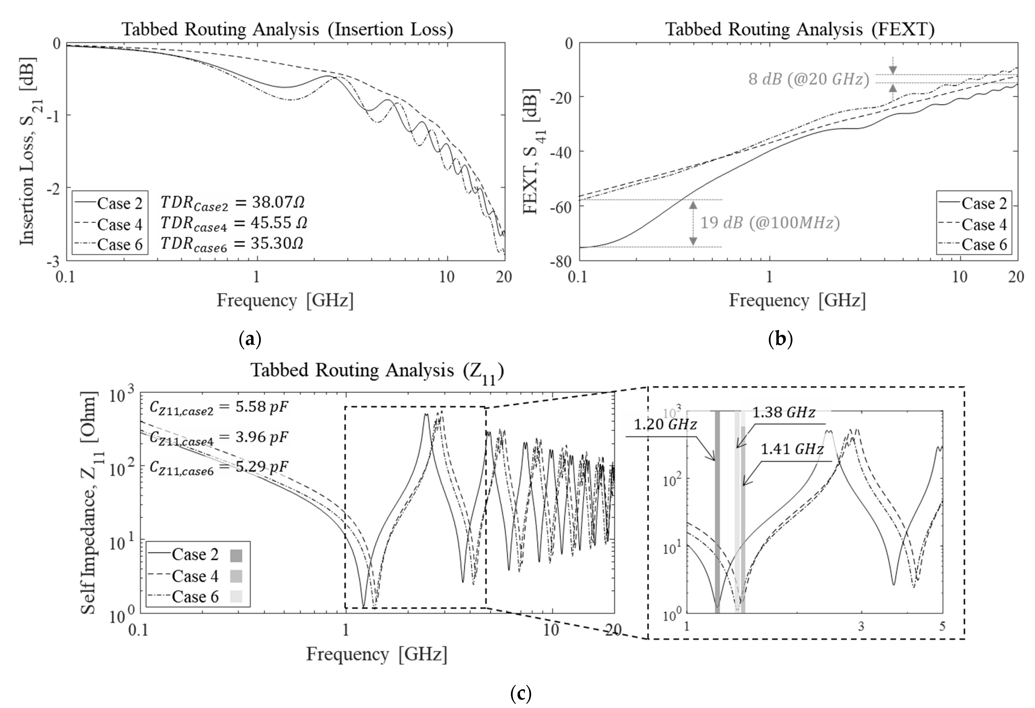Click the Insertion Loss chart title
click(287, 29)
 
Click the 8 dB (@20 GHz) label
click(808, 79)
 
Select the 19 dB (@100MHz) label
click(770, 223)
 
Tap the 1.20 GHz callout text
click(664, 424)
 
